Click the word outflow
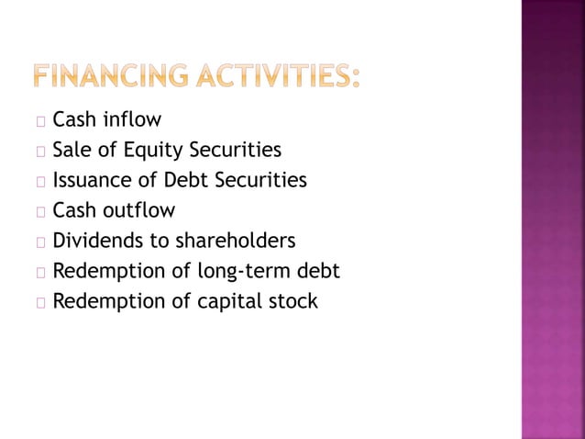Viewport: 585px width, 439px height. pyautogui.click(x=138, y=210)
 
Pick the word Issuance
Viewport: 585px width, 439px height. pyautogui.click(x=94, y=180)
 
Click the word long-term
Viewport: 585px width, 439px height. pyautogui.click(x=245, y=271)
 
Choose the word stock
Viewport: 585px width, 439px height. pyautogui.click(x=293, y=301)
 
